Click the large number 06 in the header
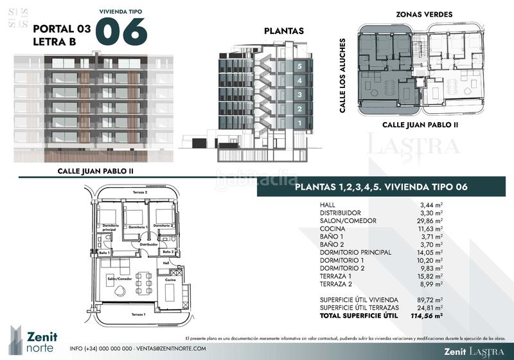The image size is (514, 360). [x=122, y=32]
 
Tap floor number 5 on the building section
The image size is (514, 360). [x=299, y=66]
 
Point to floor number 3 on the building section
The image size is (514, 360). [x=299, y=94]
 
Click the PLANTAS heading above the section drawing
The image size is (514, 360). [x=284, y=31]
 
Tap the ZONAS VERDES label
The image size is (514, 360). [x=424, y=14]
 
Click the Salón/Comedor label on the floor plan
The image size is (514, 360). [x=114, y=278]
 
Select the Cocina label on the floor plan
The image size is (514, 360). [x=170, y=280]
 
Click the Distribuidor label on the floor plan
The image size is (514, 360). [x=149, y=244]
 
